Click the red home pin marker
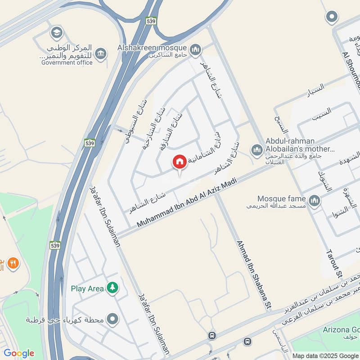tap(180, 162)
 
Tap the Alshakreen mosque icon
tap(195, 49)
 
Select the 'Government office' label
tap(67, 63)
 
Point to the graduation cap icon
tap(57, 32)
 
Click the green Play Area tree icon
tap(112, 288)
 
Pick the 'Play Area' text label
tap(88, 288)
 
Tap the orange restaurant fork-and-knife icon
tap(13, 263)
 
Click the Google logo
tap(19, 353)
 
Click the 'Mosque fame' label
tap(281, 198)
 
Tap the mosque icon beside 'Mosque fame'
tap(314, 201)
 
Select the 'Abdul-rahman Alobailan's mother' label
tap(301, 144)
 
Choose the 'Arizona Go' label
tap(343, 328)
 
